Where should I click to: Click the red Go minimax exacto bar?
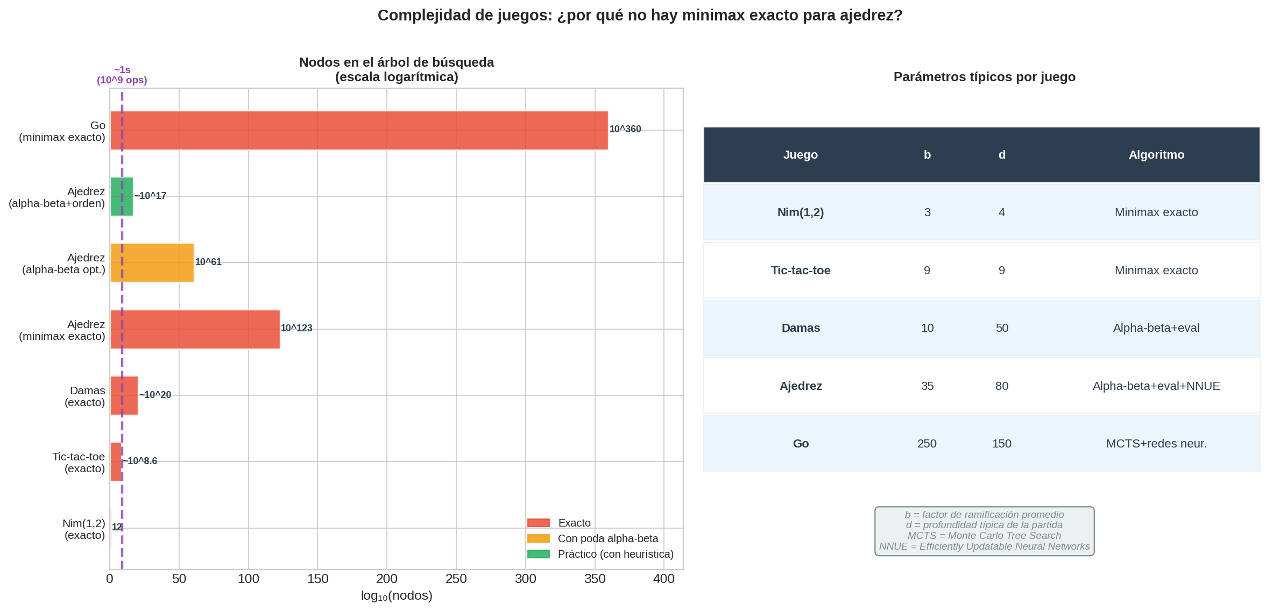tap(359, 130)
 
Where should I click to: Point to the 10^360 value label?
tap(625, 130)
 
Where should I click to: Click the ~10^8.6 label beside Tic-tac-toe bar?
tap(140, 461)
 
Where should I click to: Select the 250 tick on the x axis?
tap(456, 579)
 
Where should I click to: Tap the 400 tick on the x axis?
tap(663, 579)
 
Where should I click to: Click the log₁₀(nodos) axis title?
tap(397, 596)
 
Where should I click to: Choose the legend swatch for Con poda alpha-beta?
tap(538, 538)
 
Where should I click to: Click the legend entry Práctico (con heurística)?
tap(615, 554)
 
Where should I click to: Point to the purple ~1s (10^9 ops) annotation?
tap(122, 75)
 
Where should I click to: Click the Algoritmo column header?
tap(1156, 155)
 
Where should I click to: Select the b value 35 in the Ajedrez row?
tap(927, 386)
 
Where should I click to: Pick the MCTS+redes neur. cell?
tap(1156, 444)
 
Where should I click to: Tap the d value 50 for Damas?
tap(1001, 328)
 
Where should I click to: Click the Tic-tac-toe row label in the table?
tap(800, 271)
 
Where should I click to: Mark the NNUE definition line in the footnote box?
tap(984, 546)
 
